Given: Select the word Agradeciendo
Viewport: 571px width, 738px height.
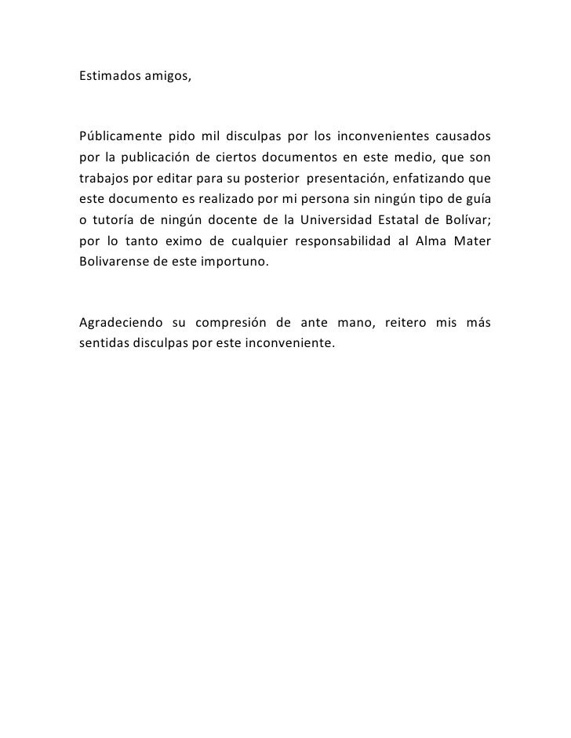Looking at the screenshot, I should click(121, 323).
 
